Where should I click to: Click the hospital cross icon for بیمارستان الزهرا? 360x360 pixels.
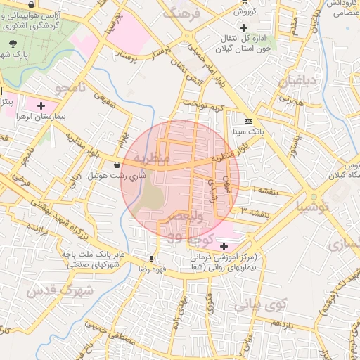tap(41, 105)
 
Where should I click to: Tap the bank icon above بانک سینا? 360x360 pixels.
tap(247, 121)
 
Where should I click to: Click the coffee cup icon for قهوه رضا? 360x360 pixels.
tap(153, 258)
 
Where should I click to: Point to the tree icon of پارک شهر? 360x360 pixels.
tap(13, 44)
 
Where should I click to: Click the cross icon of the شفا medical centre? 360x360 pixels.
tap(224, 246)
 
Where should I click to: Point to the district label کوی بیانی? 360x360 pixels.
tap(261, 304)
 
